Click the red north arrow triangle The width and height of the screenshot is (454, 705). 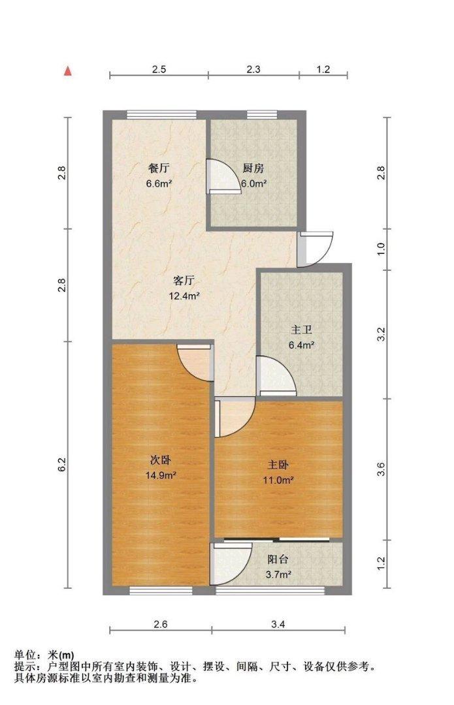(67, 70)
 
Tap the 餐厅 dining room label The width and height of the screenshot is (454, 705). (159, 168)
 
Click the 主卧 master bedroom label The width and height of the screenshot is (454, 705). (278, 465)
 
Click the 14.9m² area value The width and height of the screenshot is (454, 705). (160, 476)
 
